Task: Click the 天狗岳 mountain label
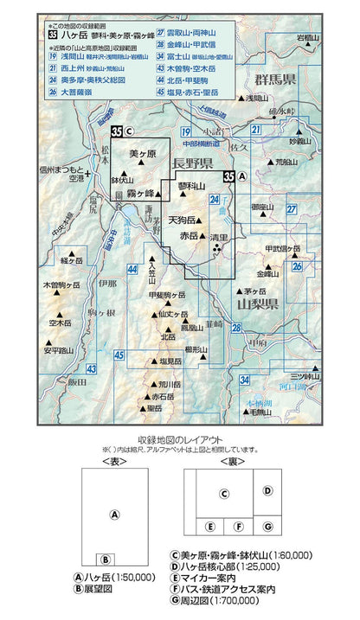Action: pyautogui.click(x=184, y=220)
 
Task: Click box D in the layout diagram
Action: pyautogui.click(x=268, y=490)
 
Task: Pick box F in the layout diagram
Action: pyautogui.click(x=239, y=526)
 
